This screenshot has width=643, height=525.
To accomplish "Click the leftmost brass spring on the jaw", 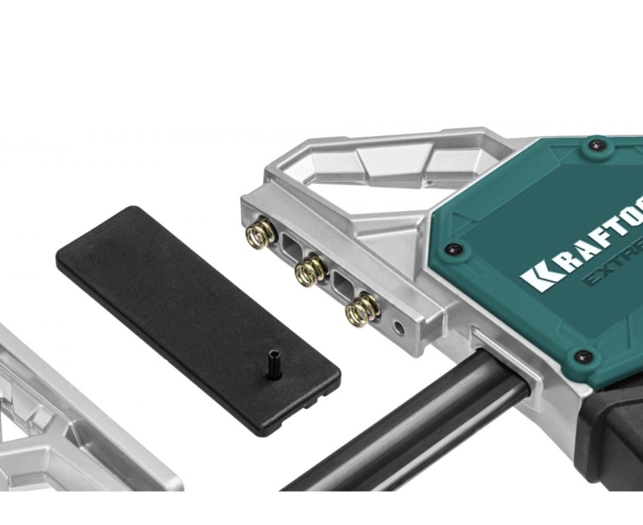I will (258, 232).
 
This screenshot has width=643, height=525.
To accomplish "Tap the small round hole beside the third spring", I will (399, 328).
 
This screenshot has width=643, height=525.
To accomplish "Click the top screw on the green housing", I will (597, 146).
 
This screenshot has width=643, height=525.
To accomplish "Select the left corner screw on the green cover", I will (454, 247).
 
